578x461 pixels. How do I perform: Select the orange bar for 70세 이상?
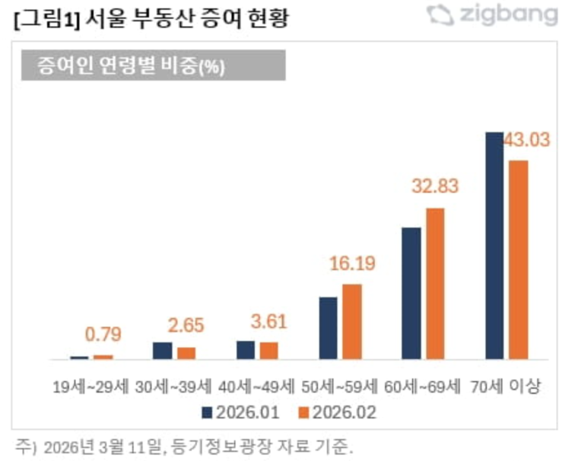518,259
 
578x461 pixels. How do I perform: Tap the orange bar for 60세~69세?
435,283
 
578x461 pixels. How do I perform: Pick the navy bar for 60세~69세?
411,293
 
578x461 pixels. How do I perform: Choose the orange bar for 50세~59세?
352,321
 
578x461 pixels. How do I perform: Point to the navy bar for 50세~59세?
329,328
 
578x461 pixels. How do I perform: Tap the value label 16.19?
352,264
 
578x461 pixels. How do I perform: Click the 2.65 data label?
186,326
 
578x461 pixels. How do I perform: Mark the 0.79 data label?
103,335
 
